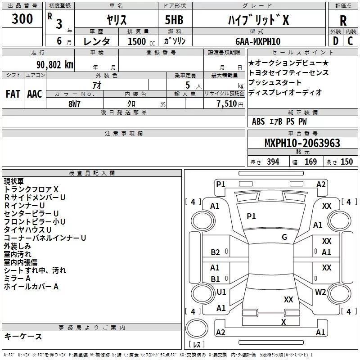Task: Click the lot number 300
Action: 22,19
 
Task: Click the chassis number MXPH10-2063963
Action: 302,143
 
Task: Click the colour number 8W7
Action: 75,103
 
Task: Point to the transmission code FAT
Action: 13,94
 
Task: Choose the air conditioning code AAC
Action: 34,94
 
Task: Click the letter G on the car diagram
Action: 284,237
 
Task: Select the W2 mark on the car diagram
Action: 320,292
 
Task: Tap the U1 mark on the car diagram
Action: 221,292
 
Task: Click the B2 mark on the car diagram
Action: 216,252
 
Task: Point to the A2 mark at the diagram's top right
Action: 321,184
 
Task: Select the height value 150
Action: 346,162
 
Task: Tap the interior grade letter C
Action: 350,41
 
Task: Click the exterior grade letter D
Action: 335,41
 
